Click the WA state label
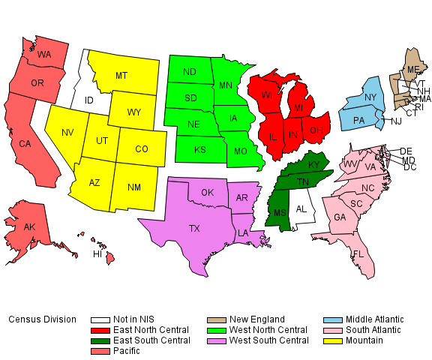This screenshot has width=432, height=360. coord(44,55)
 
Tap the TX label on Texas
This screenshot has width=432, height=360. coord(194,228)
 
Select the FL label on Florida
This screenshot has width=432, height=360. coord(358,254)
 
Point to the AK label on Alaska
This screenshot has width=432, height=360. coord(29,227)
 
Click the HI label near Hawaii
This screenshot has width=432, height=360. coord(97,254)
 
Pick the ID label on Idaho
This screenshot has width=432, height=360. coord(88,100)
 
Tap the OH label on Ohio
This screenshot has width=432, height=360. coord(316,130)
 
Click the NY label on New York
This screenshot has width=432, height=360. coord(370,98)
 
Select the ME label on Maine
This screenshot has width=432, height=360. coord(412,70)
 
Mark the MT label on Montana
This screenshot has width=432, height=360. coord(121,76)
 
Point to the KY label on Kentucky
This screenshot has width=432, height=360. coord(313,165)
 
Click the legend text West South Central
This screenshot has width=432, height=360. coord(268,340)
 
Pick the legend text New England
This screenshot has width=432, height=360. coord(257,319)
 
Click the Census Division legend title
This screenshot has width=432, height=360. coord(42,319)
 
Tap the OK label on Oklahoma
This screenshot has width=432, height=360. coord(208,193)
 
